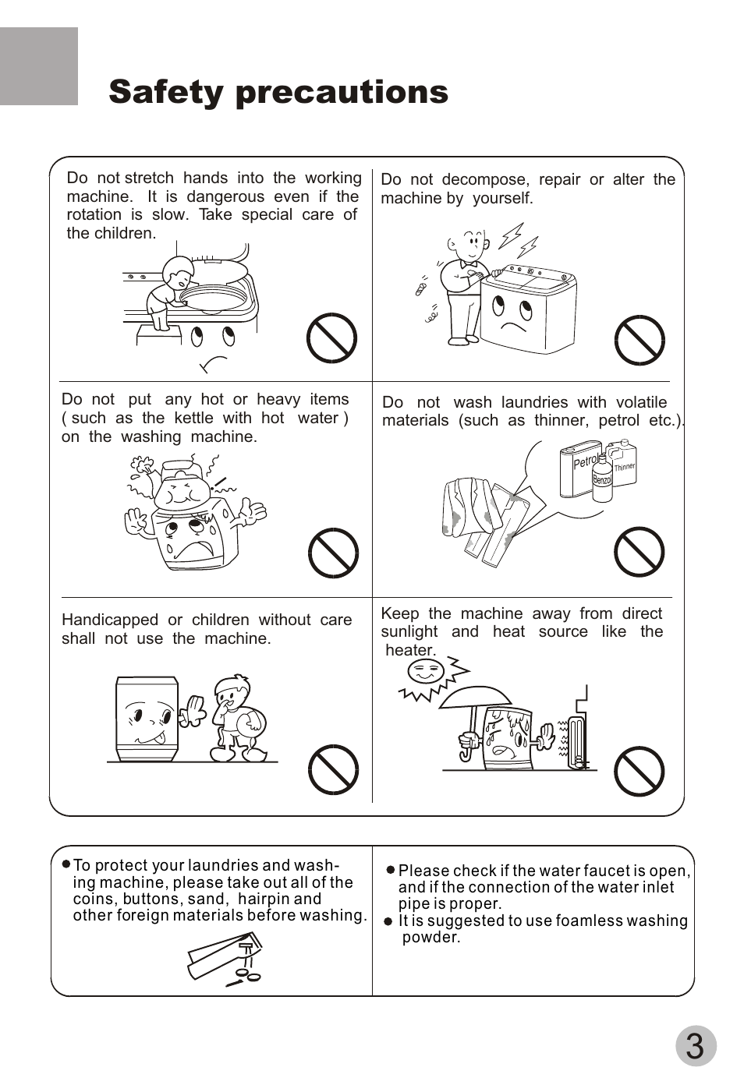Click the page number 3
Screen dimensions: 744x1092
(x=695, y=1046)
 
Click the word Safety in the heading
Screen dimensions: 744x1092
(x=165, y=92)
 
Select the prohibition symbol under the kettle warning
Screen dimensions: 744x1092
(x=333, y=553)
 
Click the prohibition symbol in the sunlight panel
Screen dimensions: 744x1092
(x=639, y=770)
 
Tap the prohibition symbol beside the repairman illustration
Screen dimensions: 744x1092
(x=639, y=340)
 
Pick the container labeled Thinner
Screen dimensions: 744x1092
(x=625, y=465)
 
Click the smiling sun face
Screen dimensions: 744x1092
(x=425, y=671)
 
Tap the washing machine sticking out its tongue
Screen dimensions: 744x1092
(x=147, y=719)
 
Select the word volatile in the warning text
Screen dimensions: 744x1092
(x=641, y=402)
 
